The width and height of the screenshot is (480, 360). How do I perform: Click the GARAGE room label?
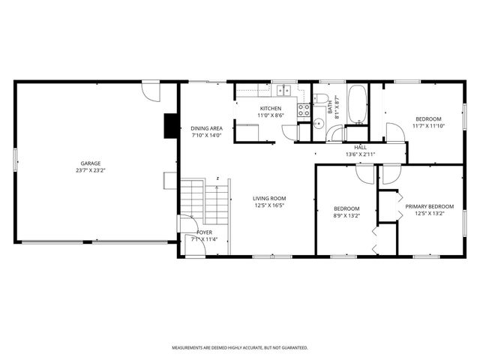pyautogui.click(x=91, y=163)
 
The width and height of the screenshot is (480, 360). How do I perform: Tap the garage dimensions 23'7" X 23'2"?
pyautogui.click(x=91, y=170)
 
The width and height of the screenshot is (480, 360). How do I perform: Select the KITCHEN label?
pyautogui.click(x=250, y=108)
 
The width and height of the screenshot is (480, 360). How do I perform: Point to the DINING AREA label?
pyautogui.click(x=205, y=128)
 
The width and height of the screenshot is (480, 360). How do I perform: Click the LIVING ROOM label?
pyautogui.click(x=269, y=198)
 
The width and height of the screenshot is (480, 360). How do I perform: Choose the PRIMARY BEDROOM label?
pyautogui.click(x=430, y=205)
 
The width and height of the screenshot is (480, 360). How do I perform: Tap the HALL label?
pyautogui.click(x=360, y=148)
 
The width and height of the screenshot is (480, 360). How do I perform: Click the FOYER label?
pyautogui.click(x=204, y=232)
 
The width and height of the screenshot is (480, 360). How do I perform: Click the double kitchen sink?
pyautogui.click(x=283, y=91)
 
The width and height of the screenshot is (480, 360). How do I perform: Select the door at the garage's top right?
pyautogui.click(x=153, y=91)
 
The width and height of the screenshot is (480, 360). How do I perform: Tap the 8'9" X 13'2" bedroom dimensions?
pyautogui.click(x=346, y=215)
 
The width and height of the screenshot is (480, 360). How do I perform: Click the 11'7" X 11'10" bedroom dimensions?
pyautogui.click(x=428, y=126)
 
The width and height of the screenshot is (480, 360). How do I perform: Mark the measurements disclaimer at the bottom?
pyautogui.click(x=240, y=348)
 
